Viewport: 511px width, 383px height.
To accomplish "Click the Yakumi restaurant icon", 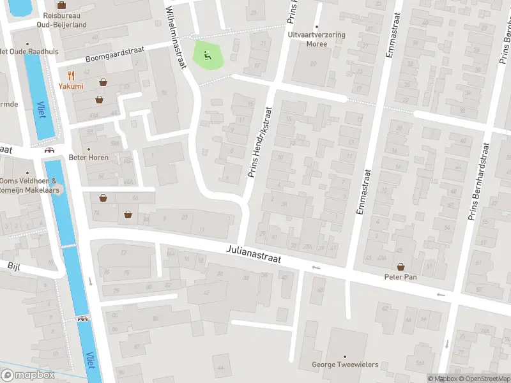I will [71, 75].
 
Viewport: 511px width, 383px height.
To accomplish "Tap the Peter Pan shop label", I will [400, 276].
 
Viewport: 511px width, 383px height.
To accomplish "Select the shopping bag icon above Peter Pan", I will [400, 266].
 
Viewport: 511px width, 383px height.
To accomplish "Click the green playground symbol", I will [207, 56].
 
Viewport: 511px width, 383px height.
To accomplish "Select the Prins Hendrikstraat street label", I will [261, 142].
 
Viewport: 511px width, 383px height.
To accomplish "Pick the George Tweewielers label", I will [345, 365].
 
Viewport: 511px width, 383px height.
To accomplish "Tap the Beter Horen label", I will [88, 157].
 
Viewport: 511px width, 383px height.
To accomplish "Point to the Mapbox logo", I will [28, 375].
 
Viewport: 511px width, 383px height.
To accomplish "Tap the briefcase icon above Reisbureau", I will [61, 4].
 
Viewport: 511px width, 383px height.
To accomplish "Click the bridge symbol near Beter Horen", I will [49, 151].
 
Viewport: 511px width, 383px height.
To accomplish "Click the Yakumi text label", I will [71, 86].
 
